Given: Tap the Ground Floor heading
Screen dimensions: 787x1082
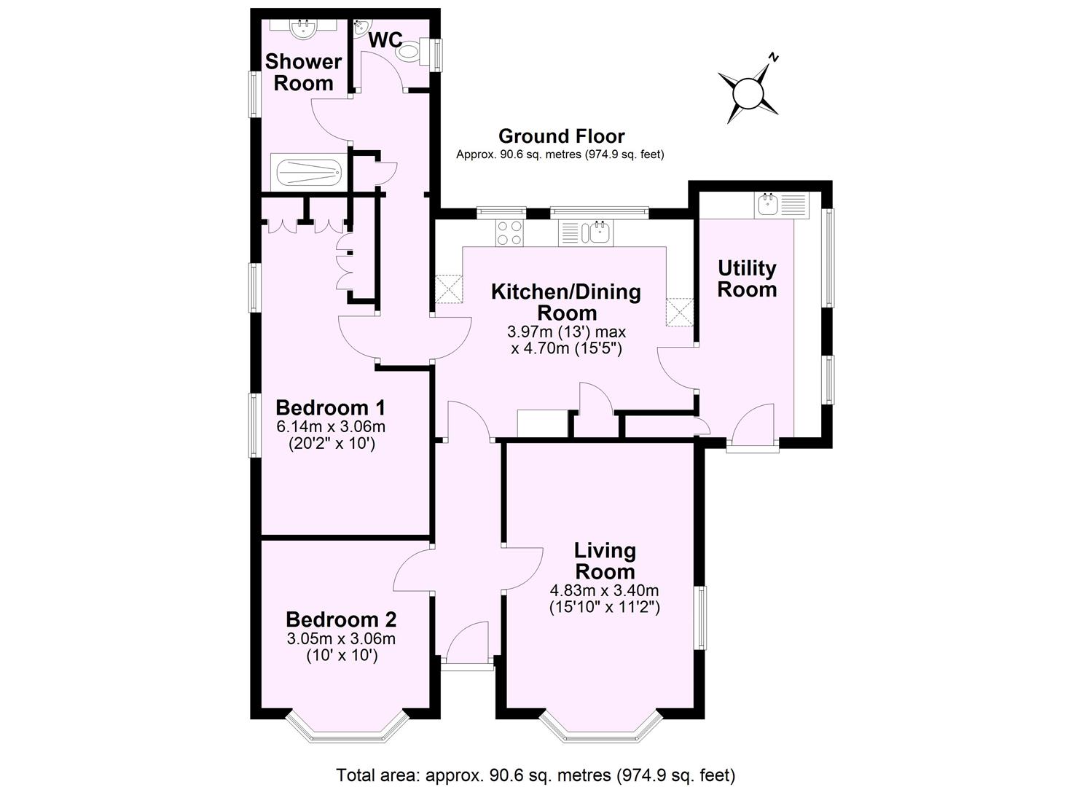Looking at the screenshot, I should point(561,136).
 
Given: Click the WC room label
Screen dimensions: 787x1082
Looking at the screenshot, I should point(385,41).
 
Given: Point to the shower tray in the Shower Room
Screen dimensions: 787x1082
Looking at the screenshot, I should point(306,172).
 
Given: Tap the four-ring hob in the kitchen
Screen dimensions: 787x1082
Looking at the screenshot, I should point(510,232).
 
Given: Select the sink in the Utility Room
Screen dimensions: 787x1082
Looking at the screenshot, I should point(769,203).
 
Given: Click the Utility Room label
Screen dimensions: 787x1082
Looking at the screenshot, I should point(747,278).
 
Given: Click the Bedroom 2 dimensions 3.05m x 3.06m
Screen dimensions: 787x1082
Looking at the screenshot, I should point(340,639).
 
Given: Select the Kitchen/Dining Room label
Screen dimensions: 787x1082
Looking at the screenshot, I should point(566,302).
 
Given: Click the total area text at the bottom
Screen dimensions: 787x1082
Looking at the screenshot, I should point(536,774).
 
